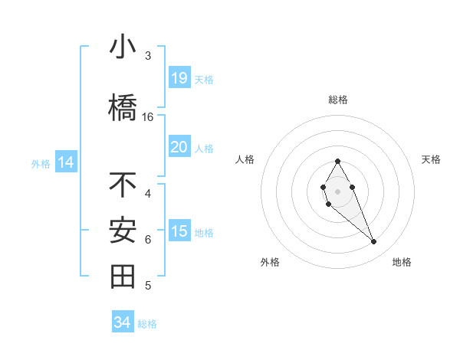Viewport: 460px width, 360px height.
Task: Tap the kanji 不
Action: pos(123,185)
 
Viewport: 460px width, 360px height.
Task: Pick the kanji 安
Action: pos(123,231)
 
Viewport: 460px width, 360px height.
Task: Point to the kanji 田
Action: pos(123,277)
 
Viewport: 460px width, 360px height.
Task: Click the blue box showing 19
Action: pos(179,78)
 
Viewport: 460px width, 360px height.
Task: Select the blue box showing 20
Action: pos(179,148)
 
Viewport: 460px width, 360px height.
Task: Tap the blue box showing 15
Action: pos(179,231)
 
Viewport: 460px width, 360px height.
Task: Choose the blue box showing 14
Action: pos(66,162)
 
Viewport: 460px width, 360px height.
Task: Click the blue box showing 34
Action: pos(123,322)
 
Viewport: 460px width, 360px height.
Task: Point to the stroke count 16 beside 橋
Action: pos(148,117)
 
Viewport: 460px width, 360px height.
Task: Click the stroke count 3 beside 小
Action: pos(148,56)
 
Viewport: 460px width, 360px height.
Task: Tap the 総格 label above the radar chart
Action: pos(337,100)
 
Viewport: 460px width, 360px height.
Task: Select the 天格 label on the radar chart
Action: pos(431,159)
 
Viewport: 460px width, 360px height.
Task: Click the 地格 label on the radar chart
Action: pos(402,262)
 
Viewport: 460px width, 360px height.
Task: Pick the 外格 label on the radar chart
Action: pos(270,262)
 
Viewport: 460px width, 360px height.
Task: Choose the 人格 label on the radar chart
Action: pos(245,159)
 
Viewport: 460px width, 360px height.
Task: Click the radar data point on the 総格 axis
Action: pos(337,161)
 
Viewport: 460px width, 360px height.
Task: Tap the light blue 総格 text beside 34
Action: pos(147,324)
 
